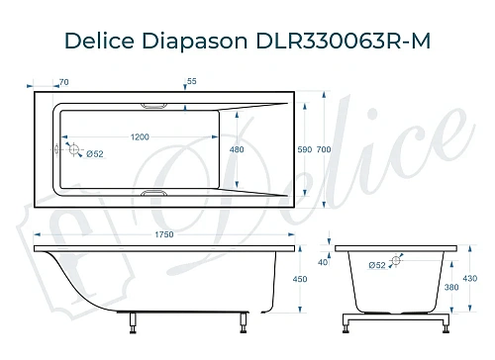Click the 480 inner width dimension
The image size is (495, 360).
[x=237, y=149]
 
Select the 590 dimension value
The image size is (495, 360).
[x=304, y=149]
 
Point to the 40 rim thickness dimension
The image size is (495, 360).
[x=322, y=262]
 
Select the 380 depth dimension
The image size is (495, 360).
[x=452, y=289]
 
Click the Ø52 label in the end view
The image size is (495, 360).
[x=377, y=265]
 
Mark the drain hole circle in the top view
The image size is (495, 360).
[x=69, y=149]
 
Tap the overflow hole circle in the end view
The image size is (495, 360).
[x=397, y=262]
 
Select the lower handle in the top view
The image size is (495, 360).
[x=156, y=194]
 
